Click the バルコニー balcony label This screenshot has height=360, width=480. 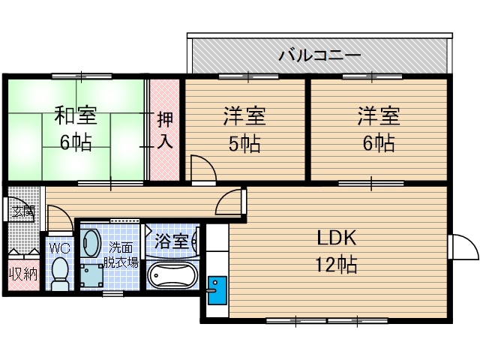pyautogui.click(x=320, y=55)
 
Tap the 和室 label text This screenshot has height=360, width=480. pyautogui.click(x=76, y=116)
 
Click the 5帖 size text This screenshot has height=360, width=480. pyautogui.click(x=244, y=142)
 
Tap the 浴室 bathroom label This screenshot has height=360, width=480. pyautogui.click(x=172, y=241)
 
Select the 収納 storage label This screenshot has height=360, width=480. pyautogui.click(x=23, y=273)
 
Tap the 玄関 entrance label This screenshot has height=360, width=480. pyautogui.click(x=22, y=211)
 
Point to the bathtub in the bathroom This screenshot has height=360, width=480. pyautogui.click(x=172, y=275)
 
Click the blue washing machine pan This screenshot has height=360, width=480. pyautogui.click(x=94, y=274)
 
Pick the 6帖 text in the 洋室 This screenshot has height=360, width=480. pyautogui.click(x=376, y=142)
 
